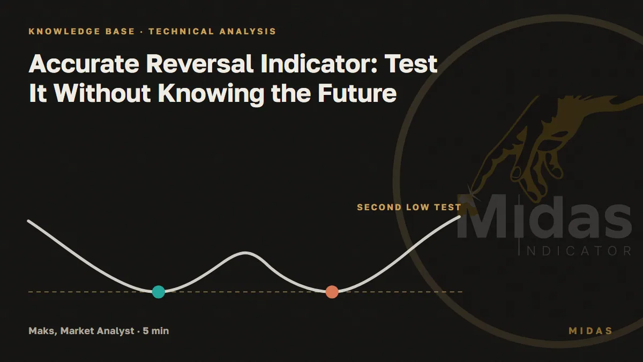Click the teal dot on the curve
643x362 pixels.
[159, 292]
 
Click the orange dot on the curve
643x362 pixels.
[332, 292]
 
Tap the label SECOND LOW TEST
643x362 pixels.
[409, 207]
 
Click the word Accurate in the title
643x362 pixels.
[84, 64]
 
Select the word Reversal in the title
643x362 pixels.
[199, 64]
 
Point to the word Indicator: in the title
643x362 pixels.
[319, 64]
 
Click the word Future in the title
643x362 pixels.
[357, 93]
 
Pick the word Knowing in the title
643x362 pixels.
[211, 95]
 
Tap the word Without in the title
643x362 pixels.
[102, 93]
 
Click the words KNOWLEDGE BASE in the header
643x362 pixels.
[81, 31]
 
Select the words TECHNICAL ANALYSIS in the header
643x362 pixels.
[212, 31]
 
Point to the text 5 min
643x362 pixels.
[156, 331]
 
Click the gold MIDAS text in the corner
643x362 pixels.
[590, 331]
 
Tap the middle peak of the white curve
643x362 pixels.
[245, 253]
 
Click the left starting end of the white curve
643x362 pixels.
[28, 221]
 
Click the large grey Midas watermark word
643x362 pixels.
[544, 217]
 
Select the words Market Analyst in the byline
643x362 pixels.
[98, 331]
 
